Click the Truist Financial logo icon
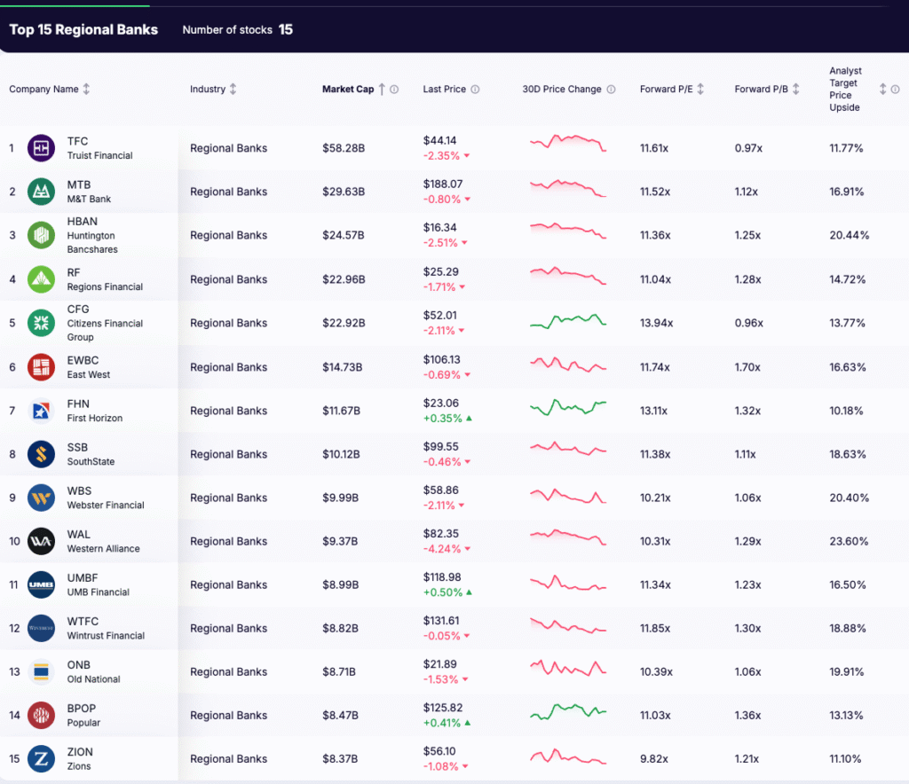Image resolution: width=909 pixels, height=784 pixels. (41, 148)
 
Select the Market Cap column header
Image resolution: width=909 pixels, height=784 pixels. (348, 90)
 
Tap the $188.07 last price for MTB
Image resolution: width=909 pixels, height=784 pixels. (444, 184)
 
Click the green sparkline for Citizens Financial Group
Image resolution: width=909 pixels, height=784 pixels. (568, 322)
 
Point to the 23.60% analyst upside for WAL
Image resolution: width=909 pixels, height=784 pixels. (849, 542)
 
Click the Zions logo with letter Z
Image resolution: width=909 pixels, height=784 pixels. (41, 758)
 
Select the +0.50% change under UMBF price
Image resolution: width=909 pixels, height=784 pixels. (443, 592)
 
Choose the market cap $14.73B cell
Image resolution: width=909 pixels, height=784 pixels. (342, 367)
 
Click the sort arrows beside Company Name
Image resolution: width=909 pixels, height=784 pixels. (86, 90)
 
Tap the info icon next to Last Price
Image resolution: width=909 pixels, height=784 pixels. (475, 90)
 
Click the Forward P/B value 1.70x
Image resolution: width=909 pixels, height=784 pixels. (747, 367)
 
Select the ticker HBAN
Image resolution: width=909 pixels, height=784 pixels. (83, 222)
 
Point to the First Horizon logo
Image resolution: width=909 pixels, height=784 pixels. (41, 411)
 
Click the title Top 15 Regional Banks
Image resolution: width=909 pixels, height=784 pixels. (83, 29)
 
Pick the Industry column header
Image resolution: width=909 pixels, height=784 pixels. (208, 90)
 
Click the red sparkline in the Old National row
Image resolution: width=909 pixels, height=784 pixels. (568, 668)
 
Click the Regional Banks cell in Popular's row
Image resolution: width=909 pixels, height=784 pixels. (228, 716)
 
